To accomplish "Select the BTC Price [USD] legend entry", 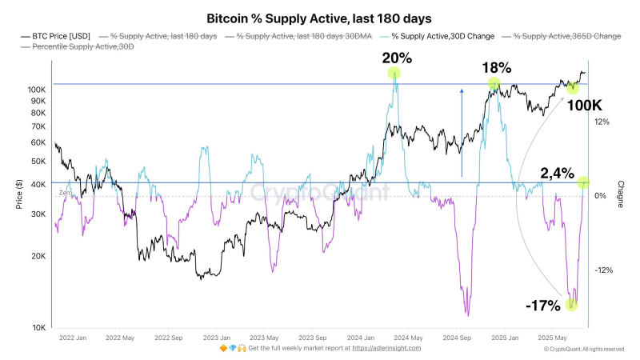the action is (55, 36).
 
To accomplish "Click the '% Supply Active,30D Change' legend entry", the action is (437, 36).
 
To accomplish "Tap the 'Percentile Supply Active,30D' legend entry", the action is (78, 46).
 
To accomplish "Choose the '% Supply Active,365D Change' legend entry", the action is (562, 36).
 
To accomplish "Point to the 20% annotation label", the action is (397, 58).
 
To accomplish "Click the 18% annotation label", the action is (496, 68).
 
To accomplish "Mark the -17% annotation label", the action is (543, 306).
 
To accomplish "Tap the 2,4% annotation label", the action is (557, 174).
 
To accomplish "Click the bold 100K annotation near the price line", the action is (585, 106).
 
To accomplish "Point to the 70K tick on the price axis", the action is (38, 127).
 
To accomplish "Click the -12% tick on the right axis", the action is (604, 270).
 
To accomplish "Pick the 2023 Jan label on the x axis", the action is (217, 338).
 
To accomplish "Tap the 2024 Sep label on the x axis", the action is (457, 338).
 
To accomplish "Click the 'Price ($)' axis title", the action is (19, 194).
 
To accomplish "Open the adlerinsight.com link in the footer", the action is (386, 348).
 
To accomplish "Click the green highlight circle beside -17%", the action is (571, 305).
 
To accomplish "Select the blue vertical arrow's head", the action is (462, 91).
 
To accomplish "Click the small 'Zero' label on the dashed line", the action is (66, 193).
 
